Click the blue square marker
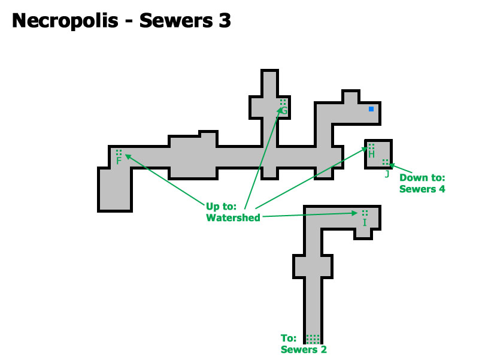click(371, 108)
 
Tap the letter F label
click(119, 161)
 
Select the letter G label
click(284, 111)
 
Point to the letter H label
click(371, 155)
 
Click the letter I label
click(365, 223)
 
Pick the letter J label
click(387, 174)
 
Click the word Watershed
click(233, 218)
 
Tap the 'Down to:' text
click(422, 178)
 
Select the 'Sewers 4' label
click(422, 189)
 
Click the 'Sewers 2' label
click(304, 350)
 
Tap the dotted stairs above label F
click(119, 152)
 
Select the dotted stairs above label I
click(365, 213)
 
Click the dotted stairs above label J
click(386, 162)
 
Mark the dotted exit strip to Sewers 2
click(313, 338)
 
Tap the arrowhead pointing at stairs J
click(392, 165)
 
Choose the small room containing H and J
click(379, 154)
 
